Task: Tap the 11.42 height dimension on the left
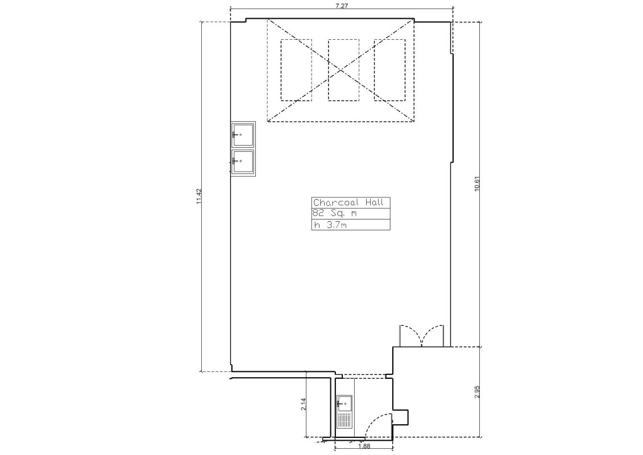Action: pyautogui.click(x=199, y=196)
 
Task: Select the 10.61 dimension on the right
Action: pyautogui.click(x=476, y=184)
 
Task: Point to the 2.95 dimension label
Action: pyautogui.click(x=476, y=391)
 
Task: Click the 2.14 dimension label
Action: pyautogui.click(x=304, y=404)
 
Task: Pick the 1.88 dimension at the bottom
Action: pyautogui.click(x=364, y=447)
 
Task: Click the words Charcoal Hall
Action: pyautogui.click(x=349, y=202)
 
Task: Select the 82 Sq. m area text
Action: pyautogui.click(x=334, y=213)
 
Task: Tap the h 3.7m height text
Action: pyautogui.click(x=330, y=225)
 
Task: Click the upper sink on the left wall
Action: pyautogui.click(x=243, y=135)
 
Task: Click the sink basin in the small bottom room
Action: pyautogui.click(x=345, y=404)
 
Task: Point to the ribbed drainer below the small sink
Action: pyautogui.click(x=345, y=420)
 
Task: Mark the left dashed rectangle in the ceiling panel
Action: pyautogui.click(x=296, y=70)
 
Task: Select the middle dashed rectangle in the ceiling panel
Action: pyautogui.click(x=343, y=70)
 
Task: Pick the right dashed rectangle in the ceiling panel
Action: pyautogui.click(x=389, y=70)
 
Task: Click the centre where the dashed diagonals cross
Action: pyautogui.click(x=341, y=70)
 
